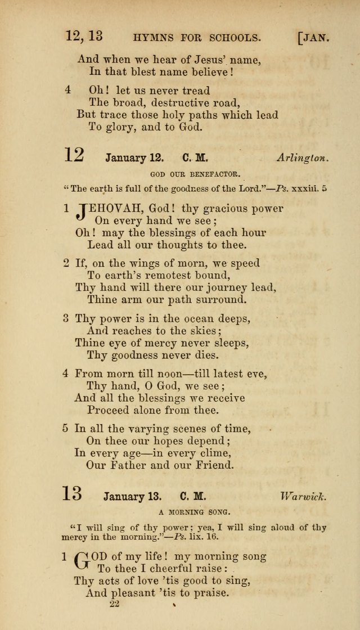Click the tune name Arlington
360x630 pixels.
303,159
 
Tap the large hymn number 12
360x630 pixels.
74,155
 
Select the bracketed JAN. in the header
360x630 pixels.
314,38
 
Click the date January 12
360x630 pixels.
134,159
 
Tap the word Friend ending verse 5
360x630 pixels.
212,465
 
